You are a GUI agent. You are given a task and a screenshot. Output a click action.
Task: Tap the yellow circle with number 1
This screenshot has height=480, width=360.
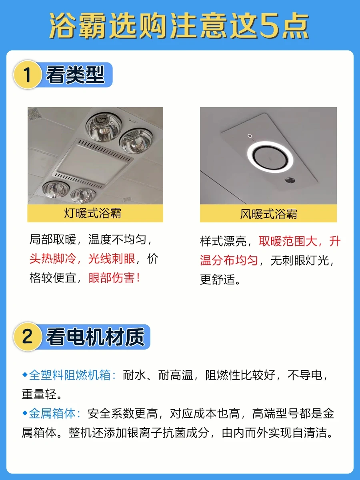[28, 74]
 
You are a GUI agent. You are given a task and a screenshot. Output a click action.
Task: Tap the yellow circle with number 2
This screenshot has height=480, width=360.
[28, 336]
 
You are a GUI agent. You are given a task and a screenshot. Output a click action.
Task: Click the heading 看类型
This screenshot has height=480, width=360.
[75, 75]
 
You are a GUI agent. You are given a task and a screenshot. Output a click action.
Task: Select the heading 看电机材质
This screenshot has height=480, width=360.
[95, 337]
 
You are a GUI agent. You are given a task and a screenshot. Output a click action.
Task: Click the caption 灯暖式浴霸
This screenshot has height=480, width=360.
[92, 213]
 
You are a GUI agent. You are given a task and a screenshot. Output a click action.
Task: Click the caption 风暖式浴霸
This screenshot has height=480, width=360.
[268, 214]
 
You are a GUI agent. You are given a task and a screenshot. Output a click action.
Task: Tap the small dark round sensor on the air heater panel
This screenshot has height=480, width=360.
[290, 180]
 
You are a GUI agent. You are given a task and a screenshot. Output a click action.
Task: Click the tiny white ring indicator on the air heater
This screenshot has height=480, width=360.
[250, 136]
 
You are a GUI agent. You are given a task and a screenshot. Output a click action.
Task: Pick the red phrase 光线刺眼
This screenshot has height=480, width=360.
[112, 259]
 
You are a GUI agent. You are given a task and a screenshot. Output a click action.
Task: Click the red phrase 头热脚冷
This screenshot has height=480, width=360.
[52, 259]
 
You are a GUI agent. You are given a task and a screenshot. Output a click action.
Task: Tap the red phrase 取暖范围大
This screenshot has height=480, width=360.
[288, 242]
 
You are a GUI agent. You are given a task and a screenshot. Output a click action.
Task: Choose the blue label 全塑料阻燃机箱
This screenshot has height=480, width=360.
[70, 375]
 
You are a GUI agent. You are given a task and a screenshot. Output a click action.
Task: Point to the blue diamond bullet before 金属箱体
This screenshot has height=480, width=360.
[25, 413]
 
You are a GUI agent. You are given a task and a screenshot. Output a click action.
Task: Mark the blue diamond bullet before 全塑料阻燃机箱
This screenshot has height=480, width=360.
[25, 374]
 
